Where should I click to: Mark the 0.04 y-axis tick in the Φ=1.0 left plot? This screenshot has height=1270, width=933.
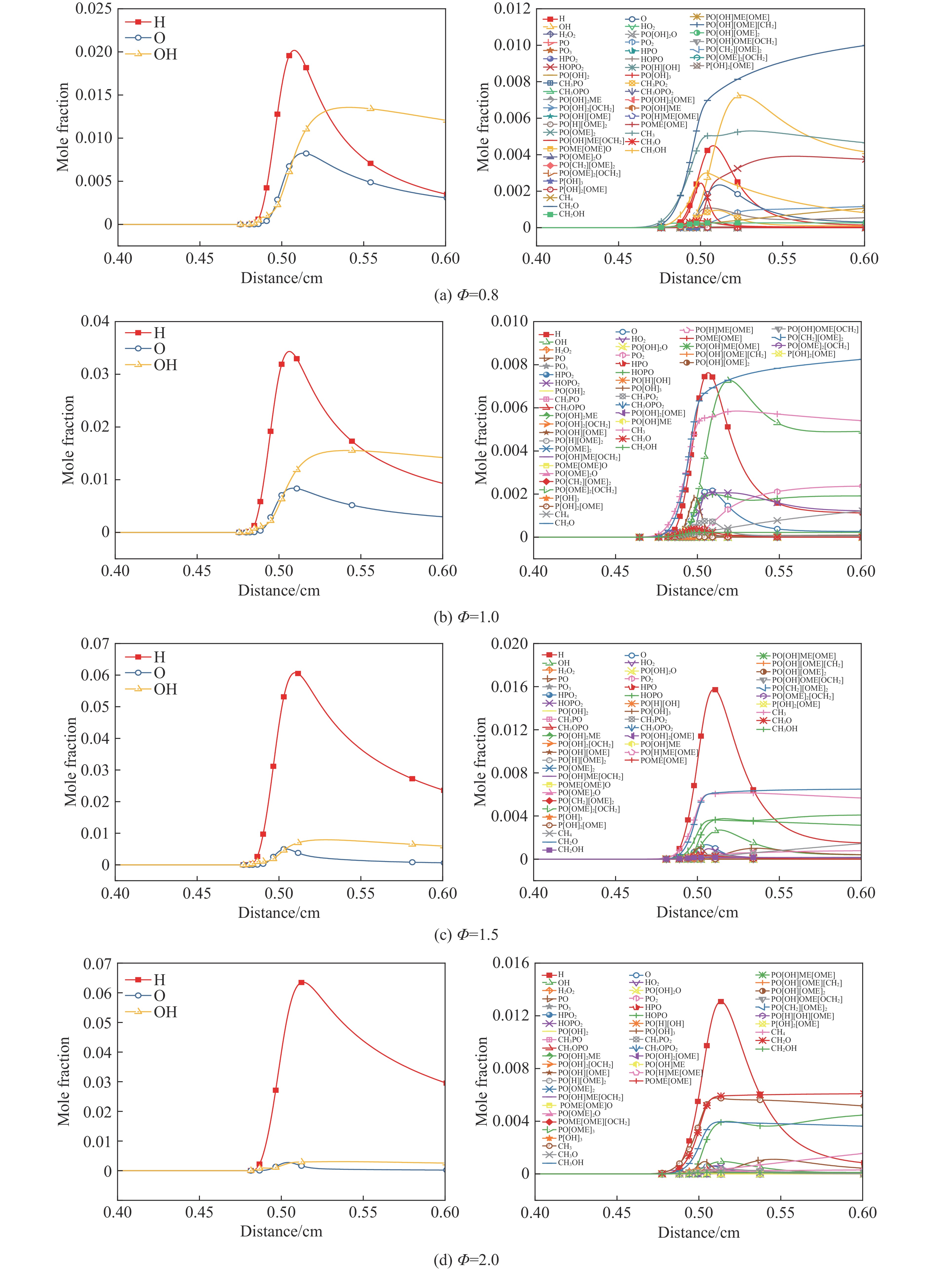coord(95,321)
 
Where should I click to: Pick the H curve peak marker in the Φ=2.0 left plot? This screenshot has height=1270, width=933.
coord(301,982)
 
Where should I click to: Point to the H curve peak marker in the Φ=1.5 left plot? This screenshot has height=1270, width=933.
coord(298,673)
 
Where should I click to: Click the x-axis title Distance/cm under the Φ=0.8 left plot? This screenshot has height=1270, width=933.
coord(281,278)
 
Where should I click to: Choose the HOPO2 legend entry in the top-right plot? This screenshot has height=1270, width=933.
coord(571,67)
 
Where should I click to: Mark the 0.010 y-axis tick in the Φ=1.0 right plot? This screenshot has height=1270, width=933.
coord(509,321)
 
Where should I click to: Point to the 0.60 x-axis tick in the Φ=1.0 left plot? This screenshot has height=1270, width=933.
coord(442,571)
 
